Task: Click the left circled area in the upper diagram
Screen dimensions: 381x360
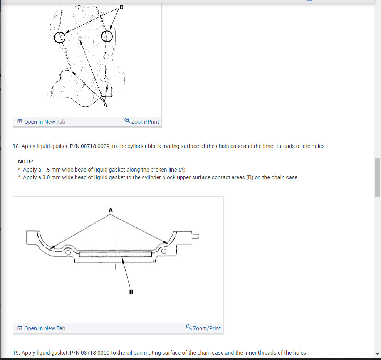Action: pos(54,37)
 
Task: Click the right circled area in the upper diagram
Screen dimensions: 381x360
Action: pos(101,36)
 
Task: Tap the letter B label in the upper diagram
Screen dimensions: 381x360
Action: pos(121,7)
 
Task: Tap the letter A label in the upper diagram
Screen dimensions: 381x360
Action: pos(105,105)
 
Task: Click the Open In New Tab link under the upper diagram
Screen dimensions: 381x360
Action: pos(41,122)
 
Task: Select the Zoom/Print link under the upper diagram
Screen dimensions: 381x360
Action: pos(142,121)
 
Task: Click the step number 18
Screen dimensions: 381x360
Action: pos(16,146)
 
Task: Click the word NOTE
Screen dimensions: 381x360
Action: pos(25,161)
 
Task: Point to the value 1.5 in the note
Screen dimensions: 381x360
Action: pos(46,170)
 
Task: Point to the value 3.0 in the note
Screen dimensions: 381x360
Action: pos(46,177)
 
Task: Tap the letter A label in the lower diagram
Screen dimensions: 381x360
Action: pos(111,210)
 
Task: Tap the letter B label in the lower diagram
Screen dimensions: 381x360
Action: pos(131,292)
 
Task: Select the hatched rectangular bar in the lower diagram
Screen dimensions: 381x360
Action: pos(116,254)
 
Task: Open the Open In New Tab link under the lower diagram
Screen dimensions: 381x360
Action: pos(41,328)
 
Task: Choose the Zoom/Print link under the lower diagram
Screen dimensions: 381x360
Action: pos(203,328)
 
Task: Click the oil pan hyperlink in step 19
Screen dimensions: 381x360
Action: pos(134,353)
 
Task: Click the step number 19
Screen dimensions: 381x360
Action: pos(16,353)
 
